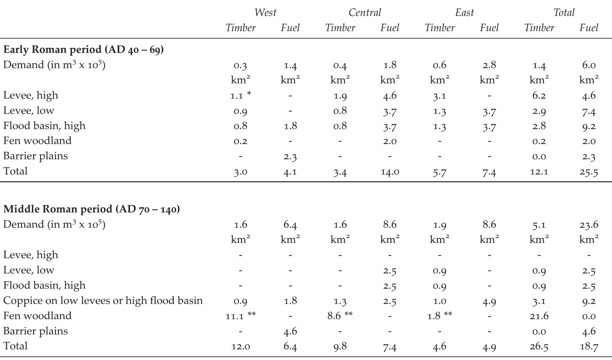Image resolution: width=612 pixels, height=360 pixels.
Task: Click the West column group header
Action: click(265, 13)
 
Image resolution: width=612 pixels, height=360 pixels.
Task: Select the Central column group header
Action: click(365, 13)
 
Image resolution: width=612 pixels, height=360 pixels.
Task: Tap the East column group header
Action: click(464, 13)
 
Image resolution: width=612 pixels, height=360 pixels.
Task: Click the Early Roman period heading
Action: click(83, 50)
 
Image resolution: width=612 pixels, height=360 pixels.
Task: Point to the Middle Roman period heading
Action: click(91, 209)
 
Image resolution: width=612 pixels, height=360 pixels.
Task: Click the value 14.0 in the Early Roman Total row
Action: click(390, 172)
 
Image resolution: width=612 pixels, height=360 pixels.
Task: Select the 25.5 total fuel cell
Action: click(589, 172)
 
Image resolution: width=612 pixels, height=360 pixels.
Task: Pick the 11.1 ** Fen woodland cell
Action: click(240, 316)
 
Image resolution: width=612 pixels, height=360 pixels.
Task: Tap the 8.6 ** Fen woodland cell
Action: click(340, 316)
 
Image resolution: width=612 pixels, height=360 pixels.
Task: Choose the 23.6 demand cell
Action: click(589, 225)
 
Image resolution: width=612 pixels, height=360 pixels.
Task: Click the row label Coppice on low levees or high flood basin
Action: click(103, 301)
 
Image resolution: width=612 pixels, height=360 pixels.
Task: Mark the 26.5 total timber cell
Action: click(539, 346)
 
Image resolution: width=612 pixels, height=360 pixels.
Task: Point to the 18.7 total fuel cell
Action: click(589, 346)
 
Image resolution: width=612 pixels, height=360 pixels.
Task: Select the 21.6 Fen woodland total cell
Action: click(539, 316)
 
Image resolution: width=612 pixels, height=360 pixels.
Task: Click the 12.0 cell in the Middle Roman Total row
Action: click(240, 346)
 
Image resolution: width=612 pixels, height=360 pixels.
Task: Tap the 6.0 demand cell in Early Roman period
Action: click(589, 65)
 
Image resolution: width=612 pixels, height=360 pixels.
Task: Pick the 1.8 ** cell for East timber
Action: click(440, 316)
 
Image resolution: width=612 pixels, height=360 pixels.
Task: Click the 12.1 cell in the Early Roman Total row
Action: click(539, 172)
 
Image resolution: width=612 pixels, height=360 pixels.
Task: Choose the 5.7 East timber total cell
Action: click(440, 172)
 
